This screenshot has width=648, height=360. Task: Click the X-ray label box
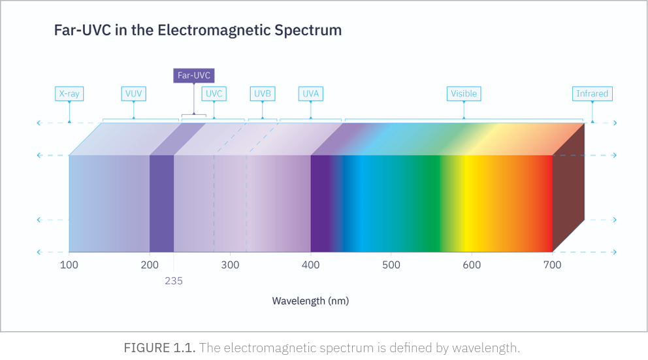point(69,93)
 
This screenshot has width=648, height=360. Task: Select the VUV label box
point(133,93)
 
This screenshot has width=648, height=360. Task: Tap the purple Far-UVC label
point(194,75)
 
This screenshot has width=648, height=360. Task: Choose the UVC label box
point(214,93)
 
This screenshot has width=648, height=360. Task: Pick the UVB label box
point(263,93)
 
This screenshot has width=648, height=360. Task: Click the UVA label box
point(310,93)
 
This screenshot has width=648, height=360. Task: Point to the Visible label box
point(464,93)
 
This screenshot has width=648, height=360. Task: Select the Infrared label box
point(592,93)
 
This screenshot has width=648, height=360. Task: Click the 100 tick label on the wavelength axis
point(69,265)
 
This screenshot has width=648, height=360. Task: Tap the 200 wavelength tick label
point(150,265)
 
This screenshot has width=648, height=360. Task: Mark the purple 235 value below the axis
point(174,281)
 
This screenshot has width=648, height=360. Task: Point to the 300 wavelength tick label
point(230,265)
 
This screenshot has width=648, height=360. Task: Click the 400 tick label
point(311,265)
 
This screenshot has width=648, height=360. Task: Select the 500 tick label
point(391,265)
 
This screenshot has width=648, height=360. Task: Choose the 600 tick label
point(472,265)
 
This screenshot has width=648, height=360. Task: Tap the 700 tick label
point(553,265)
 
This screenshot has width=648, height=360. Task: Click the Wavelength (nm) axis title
point(310,301)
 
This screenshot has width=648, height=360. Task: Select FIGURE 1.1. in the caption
point(159,348)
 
